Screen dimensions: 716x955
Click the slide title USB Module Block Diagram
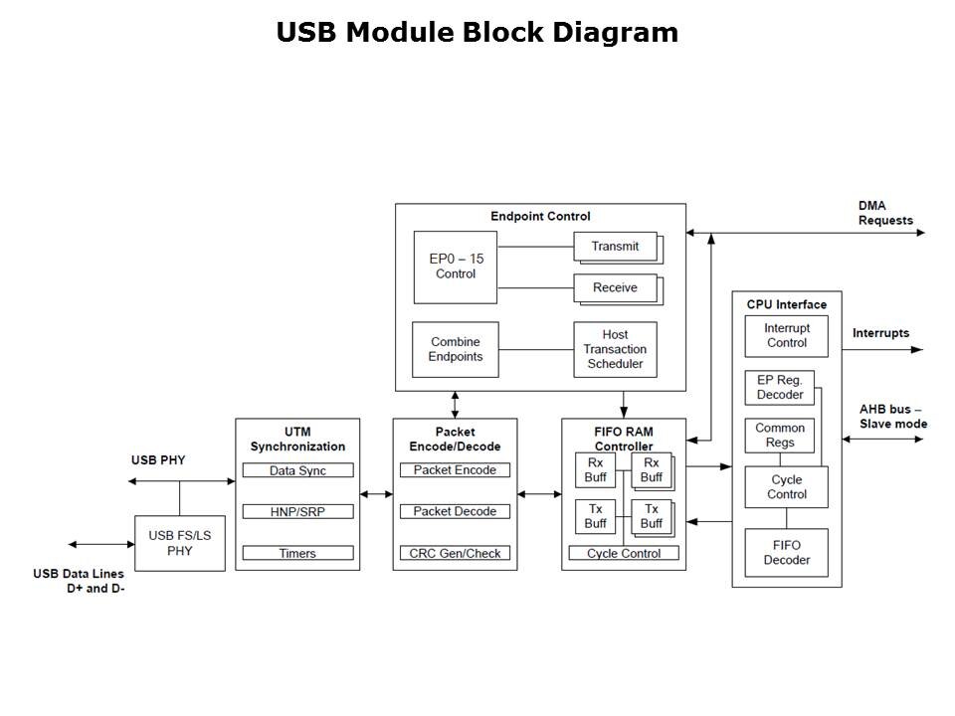tap(477, 33)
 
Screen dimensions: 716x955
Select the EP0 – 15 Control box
tap(456, 267)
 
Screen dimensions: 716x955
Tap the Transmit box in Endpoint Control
tap(615, 247)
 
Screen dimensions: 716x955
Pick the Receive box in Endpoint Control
tap(615, 288)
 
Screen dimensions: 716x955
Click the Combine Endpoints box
tap(456, 349)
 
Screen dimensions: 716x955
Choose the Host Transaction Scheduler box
tap(615, 349)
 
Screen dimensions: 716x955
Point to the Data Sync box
tap(297, 470)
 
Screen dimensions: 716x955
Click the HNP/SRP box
tap(297, 511)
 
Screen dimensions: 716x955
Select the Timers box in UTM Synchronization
tap(297, 553)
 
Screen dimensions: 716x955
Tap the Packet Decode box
tap(455, 511)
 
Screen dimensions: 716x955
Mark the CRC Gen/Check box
tap(455, 553)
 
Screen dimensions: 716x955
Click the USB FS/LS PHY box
tap(179, 543)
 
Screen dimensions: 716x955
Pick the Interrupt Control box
tap(787, 336)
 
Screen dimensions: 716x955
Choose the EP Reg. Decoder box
tap(780, 387)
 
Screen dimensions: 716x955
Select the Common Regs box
tap(780, 436)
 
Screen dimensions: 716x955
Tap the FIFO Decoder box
tap(786, 553)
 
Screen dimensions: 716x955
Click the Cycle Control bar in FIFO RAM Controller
tap(624, 553)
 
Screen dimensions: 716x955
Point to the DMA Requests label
tap(885, 213)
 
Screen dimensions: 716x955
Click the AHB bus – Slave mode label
tap(892, 417)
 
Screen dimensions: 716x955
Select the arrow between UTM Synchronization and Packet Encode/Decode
tap(376, 493)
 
